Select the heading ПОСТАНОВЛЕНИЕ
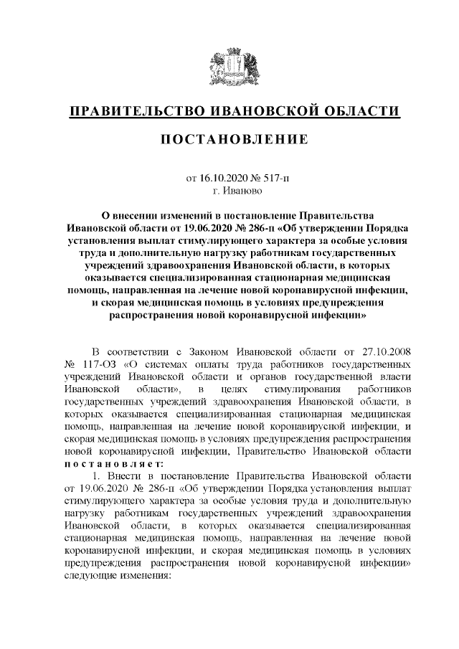point(229,138)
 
